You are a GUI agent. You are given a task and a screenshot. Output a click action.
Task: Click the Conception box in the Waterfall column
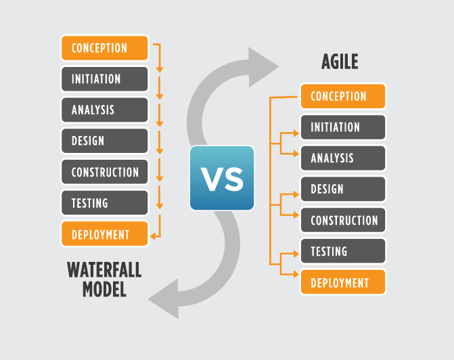(x=104, y=48)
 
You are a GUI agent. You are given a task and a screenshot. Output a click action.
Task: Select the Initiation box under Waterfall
(x=104, y=79)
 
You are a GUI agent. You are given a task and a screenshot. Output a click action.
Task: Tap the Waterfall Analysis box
(x=104, y=110)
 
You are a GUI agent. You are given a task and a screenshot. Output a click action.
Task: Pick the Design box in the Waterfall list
(x=104, y=141)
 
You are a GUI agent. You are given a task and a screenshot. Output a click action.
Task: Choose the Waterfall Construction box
(x=104, y=172)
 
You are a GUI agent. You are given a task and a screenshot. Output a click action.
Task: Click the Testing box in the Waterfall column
(x=104, y=203)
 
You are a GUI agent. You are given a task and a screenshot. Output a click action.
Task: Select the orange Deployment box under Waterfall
(x=104, y=234)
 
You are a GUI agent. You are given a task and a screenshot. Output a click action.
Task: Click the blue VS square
(x=222, y=178)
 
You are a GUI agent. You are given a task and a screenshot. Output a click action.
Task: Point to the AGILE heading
(x=340, y=62)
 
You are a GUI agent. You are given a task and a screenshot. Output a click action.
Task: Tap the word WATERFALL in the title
(x=104, y=270)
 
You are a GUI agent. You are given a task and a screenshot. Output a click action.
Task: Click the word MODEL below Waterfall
(x=104, y=290)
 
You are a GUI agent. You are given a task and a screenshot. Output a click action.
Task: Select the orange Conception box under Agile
(x=343, y=97)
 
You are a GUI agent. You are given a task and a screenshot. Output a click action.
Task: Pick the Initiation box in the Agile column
(x=343, y=127)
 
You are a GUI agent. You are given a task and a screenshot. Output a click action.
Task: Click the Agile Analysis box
(x=343, y=158)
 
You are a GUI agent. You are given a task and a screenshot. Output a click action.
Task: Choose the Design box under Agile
(x=343, y=189)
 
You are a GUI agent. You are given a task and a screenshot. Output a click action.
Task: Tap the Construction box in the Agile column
(x=343, y=220)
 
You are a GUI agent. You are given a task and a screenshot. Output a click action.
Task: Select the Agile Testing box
(x=343, y=251)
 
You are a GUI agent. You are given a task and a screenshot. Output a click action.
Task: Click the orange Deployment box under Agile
(x=343, y=282)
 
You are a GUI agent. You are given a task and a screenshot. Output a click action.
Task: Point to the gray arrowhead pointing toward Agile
(x=260, y=67)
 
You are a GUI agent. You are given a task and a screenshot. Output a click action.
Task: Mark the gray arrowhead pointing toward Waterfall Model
(x=166, y=299)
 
